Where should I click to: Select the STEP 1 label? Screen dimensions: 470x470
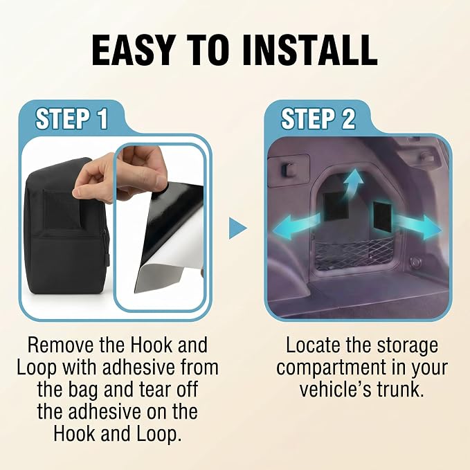pos(72,119)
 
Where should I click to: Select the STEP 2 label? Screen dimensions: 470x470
pos(318,119)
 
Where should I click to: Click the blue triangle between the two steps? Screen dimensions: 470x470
pos(238,228)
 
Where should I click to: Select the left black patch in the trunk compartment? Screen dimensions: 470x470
pos(335,206)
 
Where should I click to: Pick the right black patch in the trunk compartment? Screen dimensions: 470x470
pos(383,217)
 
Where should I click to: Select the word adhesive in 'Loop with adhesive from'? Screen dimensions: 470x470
pos(138,368)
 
